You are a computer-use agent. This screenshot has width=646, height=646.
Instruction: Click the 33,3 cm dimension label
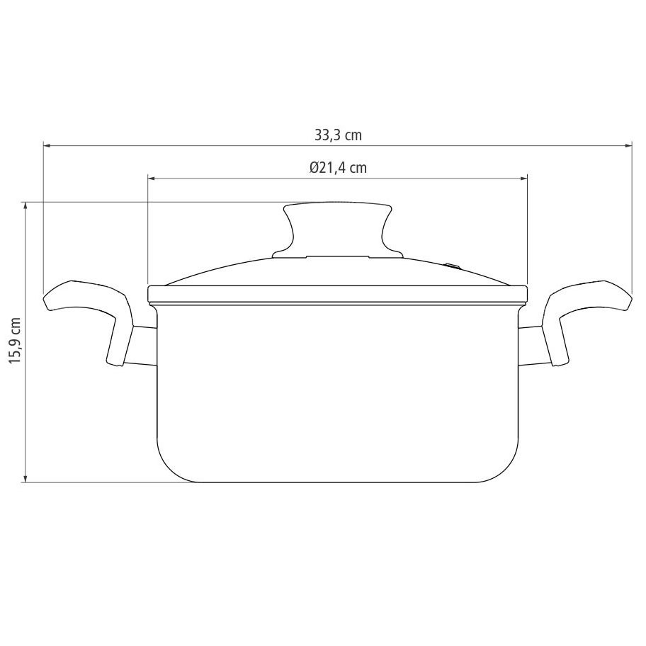338,135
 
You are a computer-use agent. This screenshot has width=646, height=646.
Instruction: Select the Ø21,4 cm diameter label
338,168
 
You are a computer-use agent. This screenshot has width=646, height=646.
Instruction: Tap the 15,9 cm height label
16,340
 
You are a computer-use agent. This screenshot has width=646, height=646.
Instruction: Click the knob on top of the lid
338,228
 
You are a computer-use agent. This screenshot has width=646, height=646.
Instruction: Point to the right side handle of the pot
587,317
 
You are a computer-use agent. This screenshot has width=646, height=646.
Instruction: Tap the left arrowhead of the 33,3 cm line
47,145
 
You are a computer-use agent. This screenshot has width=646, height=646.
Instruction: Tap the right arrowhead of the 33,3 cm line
628,145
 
